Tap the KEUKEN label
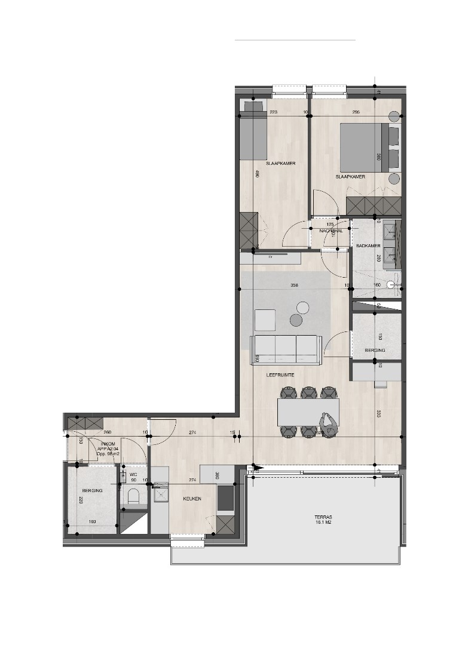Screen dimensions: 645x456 (x=192, y=498)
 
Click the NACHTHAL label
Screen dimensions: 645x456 (x=330, y=231)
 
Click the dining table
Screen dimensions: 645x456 (x=308, y=412)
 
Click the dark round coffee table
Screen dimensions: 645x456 (x=296, y=321)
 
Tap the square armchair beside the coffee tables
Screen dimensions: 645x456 (x=264, y=320)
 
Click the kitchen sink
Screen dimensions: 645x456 (x=160, y=494)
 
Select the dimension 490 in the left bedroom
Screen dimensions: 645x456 (x=256, y=174)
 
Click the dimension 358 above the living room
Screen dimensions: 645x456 (x=294, y=285)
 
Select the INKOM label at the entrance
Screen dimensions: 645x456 (x=108, y=444)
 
